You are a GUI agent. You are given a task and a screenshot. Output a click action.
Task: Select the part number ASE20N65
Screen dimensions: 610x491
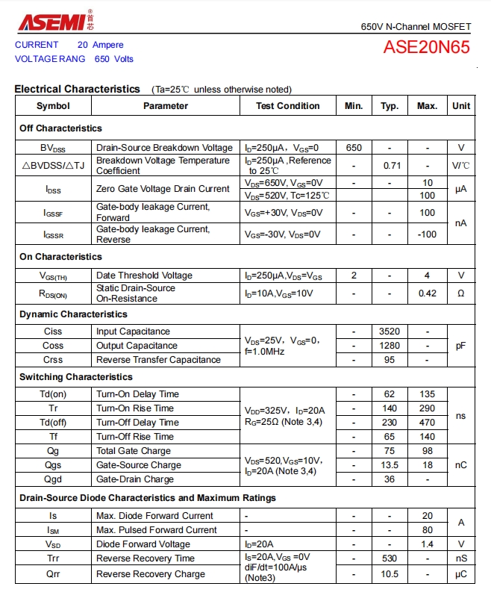pyautogui.click(x=426, y=48)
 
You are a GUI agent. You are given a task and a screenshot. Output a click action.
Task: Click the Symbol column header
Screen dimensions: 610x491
pyautogui.click(x=53, y=106)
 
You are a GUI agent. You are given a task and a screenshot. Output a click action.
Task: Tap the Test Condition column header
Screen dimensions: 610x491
pyautogui.click(x=287, y=106)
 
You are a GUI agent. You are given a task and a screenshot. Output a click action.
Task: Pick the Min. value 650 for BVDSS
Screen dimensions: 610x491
pyautogui.click(x=354, y=148)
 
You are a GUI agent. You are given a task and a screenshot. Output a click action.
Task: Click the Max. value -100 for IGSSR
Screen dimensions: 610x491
pyautogui.click(x=427, y=234)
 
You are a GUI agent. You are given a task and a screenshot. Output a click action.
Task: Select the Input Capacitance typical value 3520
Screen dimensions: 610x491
pyautogui.click(x=390, y=332)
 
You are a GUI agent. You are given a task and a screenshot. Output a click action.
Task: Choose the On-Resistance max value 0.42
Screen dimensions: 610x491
pyautogui.click(x=427, y=293)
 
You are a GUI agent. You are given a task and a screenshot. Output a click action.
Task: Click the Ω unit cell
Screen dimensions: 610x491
pyautogui.click(x=460, y=293)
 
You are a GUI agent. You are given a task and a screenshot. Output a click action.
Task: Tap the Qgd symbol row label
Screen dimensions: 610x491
pyautogui.click(x=53, y=479)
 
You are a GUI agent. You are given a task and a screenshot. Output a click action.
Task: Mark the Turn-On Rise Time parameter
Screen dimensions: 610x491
pyautogui.click(x=134, y=408)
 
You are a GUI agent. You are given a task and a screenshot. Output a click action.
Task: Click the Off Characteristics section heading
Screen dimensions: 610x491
pyautogui.click(x=60, y=128)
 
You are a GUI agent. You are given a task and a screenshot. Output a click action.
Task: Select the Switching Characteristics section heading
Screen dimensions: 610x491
pyautogui.click(x=76, y=377)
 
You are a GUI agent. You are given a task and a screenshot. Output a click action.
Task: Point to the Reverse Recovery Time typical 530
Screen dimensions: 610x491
pyautogui.click(x=390, y=558)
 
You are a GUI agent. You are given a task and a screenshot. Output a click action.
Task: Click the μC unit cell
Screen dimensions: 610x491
pyautogui.click(x=460, y=574)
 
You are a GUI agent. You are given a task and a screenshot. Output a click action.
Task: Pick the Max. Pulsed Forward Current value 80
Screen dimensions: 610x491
pyautogui.click(x=427, y=530)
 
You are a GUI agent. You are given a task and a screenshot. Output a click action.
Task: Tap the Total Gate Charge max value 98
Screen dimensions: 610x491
pyautogui.click(x=427, y=451)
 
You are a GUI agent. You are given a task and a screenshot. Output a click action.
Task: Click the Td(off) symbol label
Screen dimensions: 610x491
pyautogui.click(x=53, y=423)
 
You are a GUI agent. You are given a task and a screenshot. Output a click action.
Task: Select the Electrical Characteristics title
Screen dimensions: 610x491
pyautogui.click(x=77, y=89)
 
